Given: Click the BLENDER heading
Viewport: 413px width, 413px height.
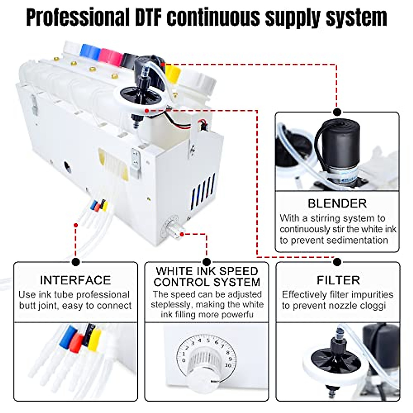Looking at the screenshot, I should [x=337, y=203].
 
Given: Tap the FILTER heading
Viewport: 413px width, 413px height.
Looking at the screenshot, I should [x=338, y=280].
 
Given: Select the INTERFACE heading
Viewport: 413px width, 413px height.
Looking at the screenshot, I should [x=75, y=280].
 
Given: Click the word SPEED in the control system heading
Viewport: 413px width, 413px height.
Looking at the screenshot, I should [x=240, y=271].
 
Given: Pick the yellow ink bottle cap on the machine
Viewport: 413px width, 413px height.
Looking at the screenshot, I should [x=173, y=72].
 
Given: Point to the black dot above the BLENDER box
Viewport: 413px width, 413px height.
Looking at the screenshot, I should [x=337, y=112].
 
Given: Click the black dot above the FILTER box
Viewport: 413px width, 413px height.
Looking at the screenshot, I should [x=337, y=262].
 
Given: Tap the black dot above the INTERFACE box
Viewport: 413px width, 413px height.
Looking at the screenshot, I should [x=76, y=262].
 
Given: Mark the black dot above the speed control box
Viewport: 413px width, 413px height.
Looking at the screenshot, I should [x=206, y=262].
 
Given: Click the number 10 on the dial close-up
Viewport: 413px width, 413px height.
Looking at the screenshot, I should [x=228, y=365].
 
